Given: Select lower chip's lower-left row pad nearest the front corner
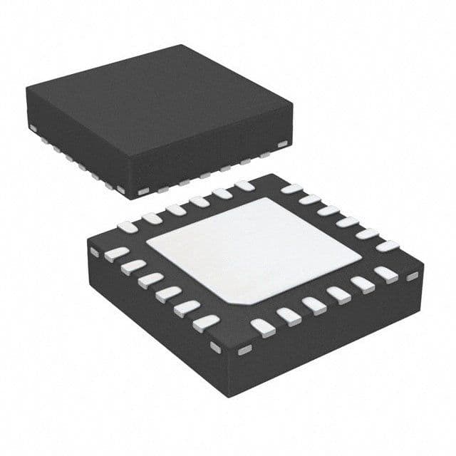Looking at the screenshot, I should coord(206,322).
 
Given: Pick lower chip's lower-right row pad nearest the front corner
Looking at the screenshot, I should coord(263,326).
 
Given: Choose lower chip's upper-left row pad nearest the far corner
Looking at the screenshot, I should coord(244,186).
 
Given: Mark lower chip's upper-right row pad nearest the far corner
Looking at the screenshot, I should coord(291,189).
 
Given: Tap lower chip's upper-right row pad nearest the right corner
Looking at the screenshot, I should coord(388,246).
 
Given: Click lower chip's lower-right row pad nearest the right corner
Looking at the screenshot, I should coord(386,273).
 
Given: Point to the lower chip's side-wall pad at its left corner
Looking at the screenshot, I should coord(95,252).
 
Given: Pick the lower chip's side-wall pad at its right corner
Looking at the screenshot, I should coord(412,276).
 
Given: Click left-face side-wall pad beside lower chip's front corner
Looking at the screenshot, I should coord(216,347).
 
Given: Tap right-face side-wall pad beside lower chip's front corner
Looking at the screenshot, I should coord(244,350).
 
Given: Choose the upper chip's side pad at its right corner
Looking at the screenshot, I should coord(282,145).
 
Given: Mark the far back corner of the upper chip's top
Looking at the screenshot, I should coord(187,46).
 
